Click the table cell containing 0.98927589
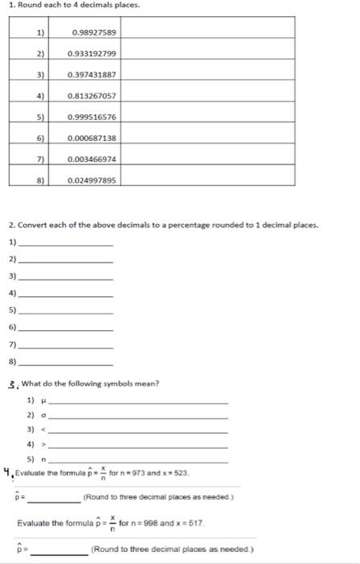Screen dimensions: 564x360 click(x=93, y=32)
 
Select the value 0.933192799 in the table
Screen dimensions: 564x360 click(x=93, y=53)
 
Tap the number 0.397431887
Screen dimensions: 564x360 click(x=93, y=74)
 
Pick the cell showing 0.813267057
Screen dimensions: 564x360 click(x=93, y=95)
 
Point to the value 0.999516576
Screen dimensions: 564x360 click(x=93, y=116)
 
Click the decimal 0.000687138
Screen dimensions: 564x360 click(x=93, y=138)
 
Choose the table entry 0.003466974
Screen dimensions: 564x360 click(x=93, y=159)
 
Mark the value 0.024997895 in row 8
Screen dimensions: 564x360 click(x=93, y=180)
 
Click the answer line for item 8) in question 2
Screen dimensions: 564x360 click(x=66, y=364)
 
